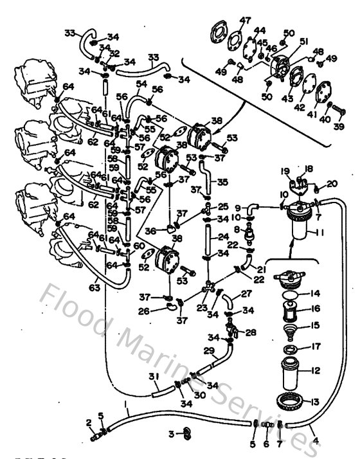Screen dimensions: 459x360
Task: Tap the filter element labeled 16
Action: (x=292, y=315)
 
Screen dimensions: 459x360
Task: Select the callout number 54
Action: (x=141, y=84)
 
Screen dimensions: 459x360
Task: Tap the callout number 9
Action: (x=237, y=208)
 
